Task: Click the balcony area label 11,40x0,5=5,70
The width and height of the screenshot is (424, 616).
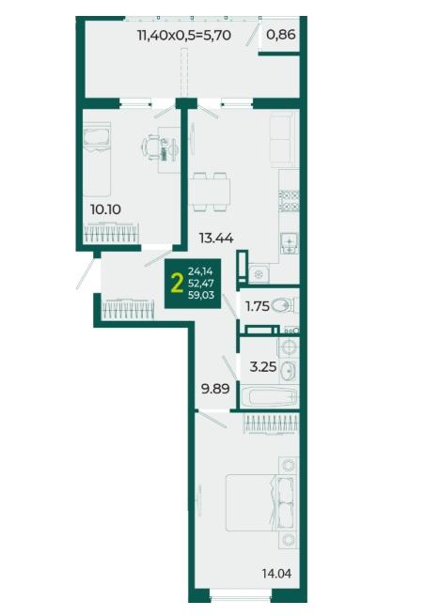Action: pyautogui.click(x=183, y=36)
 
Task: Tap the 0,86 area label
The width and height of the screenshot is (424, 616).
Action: pyautogui.click(x=281, y=35)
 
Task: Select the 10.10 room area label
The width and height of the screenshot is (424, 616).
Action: pyautogui.click(x=105, y=209)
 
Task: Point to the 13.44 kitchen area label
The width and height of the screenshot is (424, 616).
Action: pyautogui.click(x=216, y=238)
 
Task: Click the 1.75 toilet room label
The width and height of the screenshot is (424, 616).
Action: pyautogui.click(x=258, y=306)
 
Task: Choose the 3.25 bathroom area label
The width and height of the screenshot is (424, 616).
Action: pyautogui.click(x=263, y=367)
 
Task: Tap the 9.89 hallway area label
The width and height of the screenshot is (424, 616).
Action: pyautogui.click(x=215, y=389)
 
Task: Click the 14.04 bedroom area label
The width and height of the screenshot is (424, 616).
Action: pyautogui.click(x=277, y=574)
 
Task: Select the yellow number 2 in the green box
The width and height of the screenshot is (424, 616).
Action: pyautogui.click(x=178, y=284)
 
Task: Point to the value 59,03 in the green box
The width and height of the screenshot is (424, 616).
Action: pyautogui.click(x=201, y=295)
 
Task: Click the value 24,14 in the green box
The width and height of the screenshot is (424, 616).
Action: pyautogui.click(x=200, y=270)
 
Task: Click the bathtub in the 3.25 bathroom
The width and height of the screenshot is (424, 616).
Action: pyautogui.click(x=270, y=397)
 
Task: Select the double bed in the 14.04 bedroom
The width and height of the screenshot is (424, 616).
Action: pyautogui.click(x=259, y=503)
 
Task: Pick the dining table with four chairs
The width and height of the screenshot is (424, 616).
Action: pyautogui.click(x=210, y=192)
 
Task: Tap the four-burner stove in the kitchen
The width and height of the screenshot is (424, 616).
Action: pyautogui.click(x=290, y=200)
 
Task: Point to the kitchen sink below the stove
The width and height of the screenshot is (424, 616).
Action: pyautogui.click(x=290, y=243)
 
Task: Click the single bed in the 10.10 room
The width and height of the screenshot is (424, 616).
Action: pyautogui.click(x=97, y=159)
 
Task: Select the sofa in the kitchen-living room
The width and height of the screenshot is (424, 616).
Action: pyautogui.click(x=282, y=139)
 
